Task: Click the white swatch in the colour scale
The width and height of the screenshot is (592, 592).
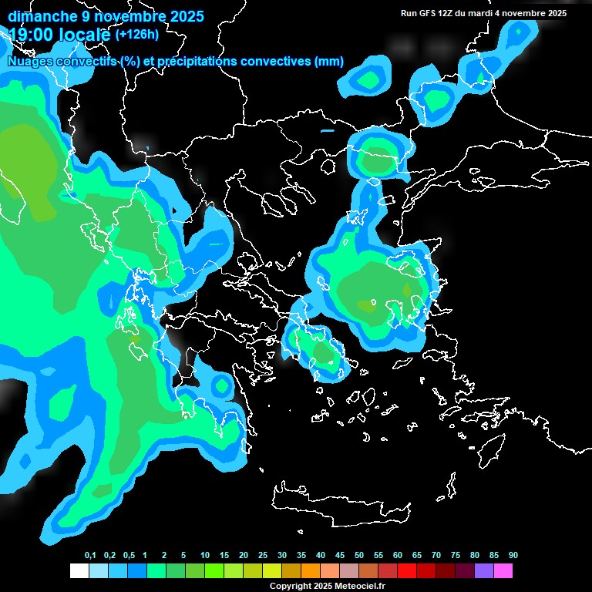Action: pyautogui.click(x=79, y=570)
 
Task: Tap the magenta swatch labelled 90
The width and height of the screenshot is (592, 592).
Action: pyautogui.click(x=503, y=570)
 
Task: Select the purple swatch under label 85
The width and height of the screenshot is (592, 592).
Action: pyautogui.click(x=484, y=570)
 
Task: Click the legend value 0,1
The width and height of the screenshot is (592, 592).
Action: pyautogui.click(x=90, y=556)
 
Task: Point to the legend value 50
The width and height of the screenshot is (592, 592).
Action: pyautogui.click(x=359, y=556)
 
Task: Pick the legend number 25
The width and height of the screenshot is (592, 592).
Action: pyautogui.click(x=263, y=556)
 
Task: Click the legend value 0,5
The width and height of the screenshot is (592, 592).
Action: pyautogui.click(x=129, y=556)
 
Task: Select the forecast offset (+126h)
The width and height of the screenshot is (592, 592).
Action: pyautogui.click(x=136, y=35)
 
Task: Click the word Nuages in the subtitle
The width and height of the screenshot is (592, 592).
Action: pyautogui.click(x=30, y=62)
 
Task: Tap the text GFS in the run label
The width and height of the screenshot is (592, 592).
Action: pyautogui.click(x=426, y=13)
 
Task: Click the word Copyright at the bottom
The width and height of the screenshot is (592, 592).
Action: pyautogui.click(x=290, y=587)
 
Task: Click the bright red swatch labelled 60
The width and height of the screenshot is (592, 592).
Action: pyautogui.click(x=407, y=570)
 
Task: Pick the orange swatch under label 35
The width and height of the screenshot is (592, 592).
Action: pyautogui.click(x=311, y=570)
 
